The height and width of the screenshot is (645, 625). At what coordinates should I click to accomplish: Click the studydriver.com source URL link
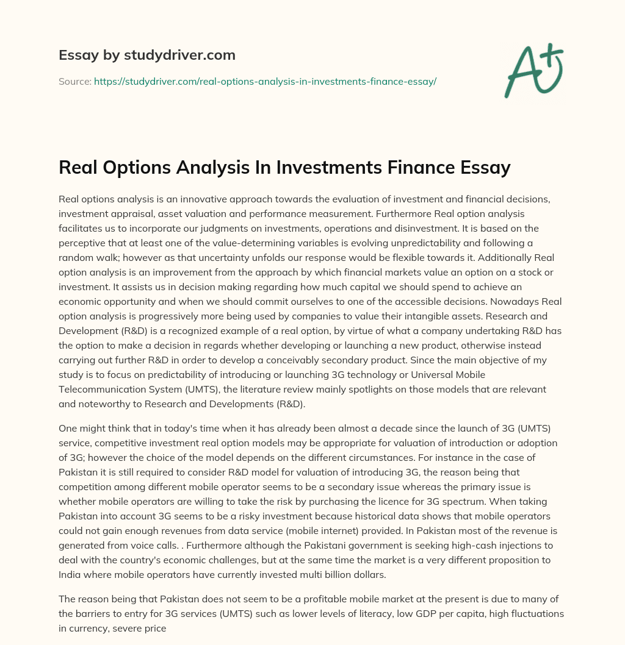click(x=265, y=81)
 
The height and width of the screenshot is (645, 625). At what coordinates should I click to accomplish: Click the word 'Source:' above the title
click(x=74, y=81)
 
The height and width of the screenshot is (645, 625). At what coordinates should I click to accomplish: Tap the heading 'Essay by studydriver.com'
click(x=146, y=55)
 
